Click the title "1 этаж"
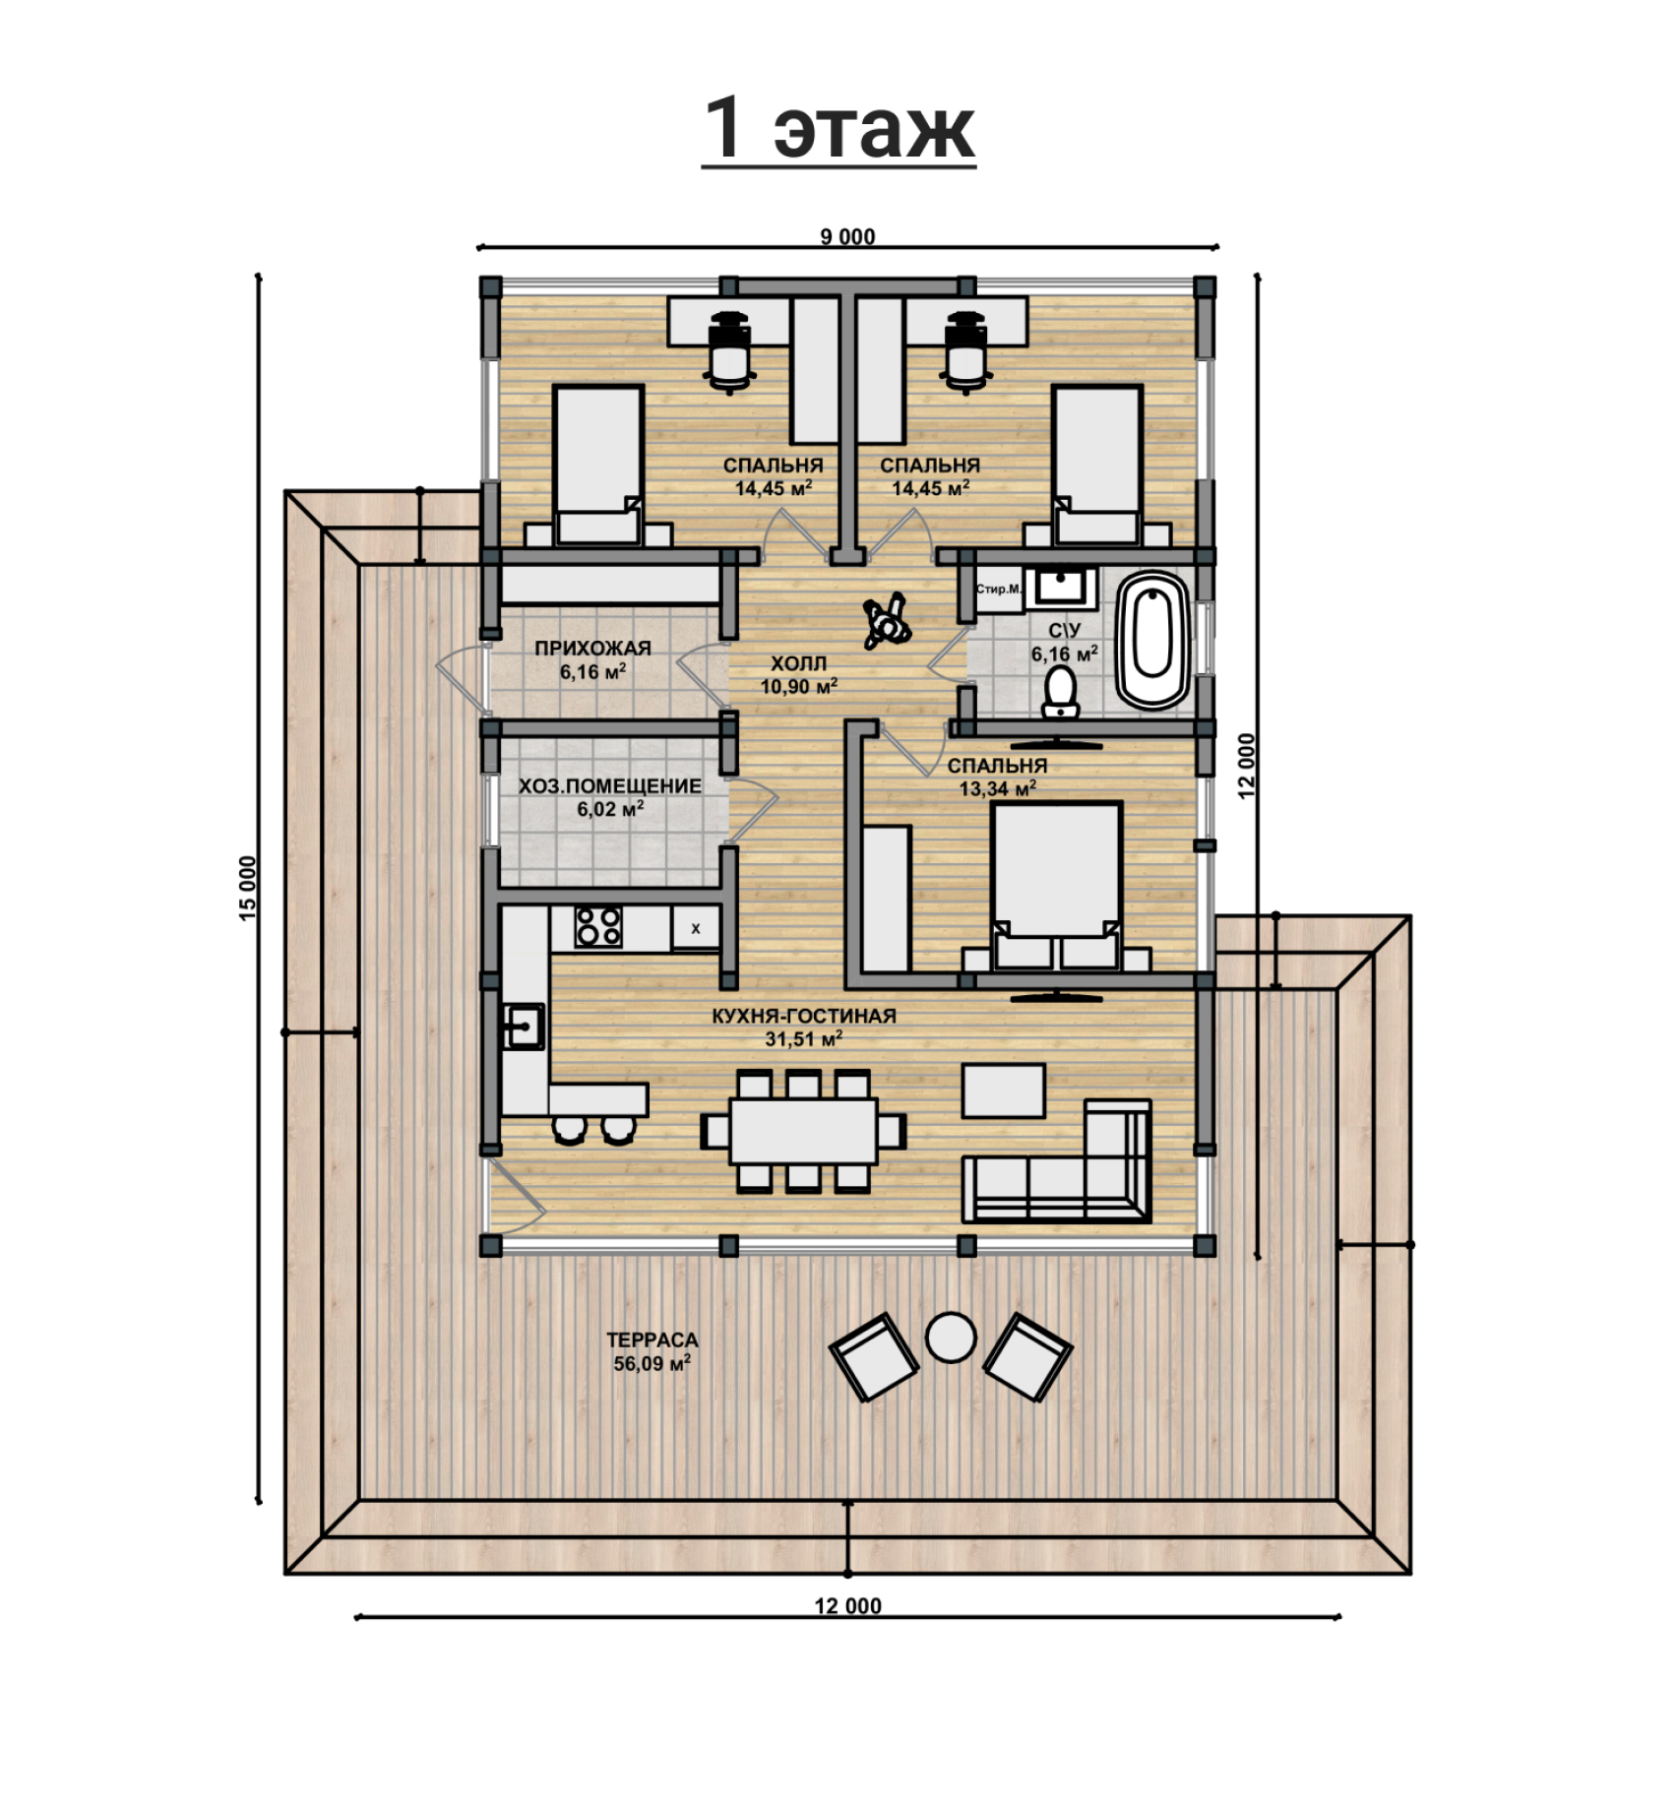[x=838, y=128]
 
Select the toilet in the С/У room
[x=1060, y=691]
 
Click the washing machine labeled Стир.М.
[x=999, y=590]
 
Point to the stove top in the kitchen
[x=598, y=927]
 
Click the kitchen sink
[x=524, y=1027]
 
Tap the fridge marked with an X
[x=696, y=928]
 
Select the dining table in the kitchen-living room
[x=803, y=1131]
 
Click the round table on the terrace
[x=951, y=1338]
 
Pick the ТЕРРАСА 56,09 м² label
[x=652, y=1351]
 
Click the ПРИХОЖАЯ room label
[x=592, y=649]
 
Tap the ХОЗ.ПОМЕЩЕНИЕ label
[x=610, y=786]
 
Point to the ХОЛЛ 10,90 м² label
[x=798, y=674]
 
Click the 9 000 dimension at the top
[x=847, y=236]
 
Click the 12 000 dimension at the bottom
[x=847, y=1606]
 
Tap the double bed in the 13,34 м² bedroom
[x=1057, y=883]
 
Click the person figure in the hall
[x=886, y=621]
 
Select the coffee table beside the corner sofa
[x=1004, y=1090]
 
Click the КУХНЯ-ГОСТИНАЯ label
[x=804, y=1016]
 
